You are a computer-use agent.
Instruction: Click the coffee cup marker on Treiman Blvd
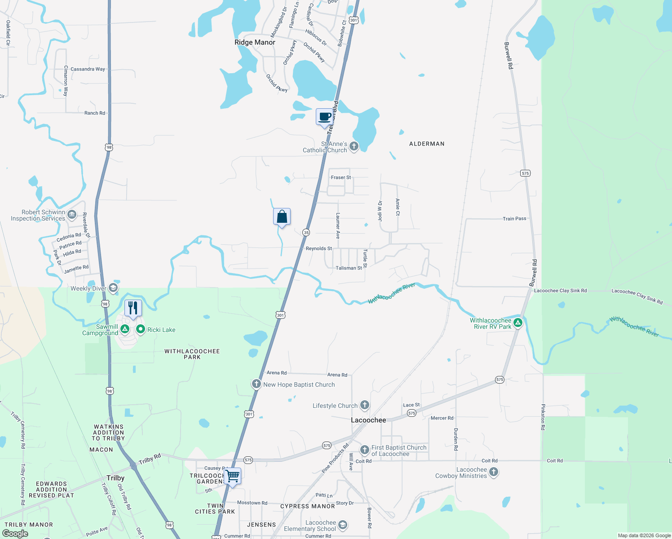324,117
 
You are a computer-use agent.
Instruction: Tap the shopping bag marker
282,217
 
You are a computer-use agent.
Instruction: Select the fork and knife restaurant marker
133,308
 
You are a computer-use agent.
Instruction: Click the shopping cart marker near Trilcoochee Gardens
233,476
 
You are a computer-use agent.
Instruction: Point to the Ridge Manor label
255,42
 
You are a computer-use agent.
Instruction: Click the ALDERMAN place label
427,144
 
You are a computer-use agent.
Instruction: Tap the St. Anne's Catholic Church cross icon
354,146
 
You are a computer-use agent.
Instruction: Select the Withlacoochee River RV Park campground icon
517,323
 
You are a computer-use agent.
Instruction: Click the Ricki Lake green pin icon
141,329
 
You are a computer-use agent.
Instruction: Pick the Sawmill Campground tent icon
125,329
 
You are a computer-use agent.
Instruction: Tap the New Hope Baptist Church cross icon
256,384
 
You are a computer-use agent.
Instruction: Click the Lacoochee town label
368,420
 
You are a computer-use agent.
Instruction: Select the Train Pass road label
514,219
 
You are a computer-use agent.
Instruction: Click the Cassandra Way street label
88,69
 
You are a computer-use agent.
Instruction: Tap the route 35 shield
306,232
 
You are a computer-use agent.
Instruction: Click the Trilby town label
115,478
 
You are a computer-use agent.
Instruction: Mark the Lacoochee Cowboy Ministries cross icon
494,472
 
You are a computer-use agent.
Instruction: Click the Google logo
15,534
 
